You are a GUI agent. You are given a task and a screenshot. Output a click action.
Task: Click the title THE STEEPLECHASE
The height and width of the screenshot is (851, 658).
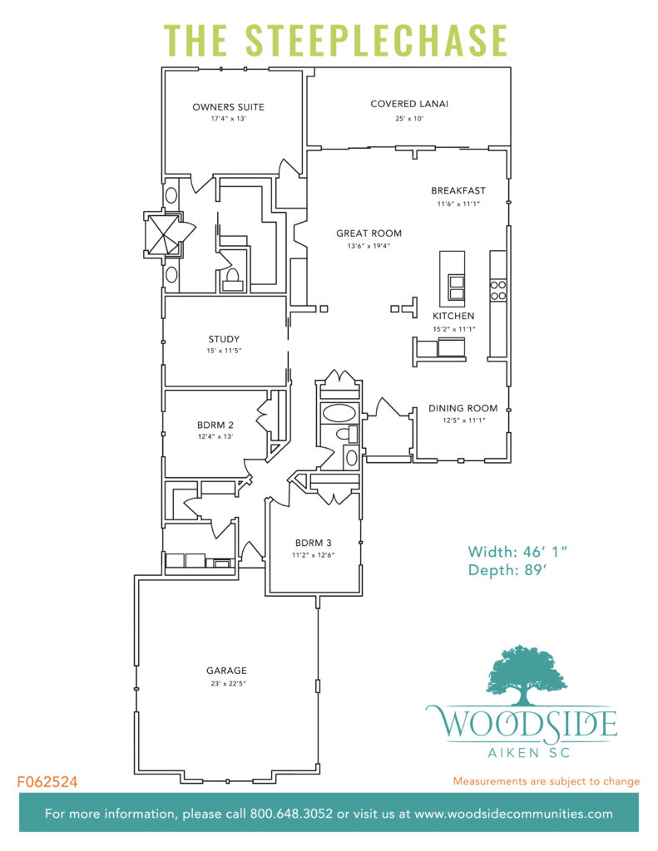coord(335,39)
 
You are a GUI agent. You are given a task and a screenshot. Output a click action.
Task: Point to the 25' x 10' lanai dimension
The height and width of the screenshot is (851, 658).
coord(409,119)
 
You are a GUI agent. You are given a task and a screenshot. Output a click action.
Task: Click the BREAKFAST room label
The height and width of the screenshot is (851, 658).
coord(458,190)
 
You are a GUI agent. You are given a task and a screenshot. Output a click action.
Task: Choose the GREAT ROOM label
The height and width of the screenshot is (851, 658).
coord(369,234)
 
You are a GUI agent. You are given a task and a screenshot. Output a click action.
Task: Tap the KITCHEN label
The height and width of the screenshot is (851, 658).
coord(453,316)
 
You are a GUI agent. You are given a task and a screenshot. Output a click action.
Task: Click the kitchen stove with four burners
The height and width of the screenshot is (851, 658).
coord(498,289)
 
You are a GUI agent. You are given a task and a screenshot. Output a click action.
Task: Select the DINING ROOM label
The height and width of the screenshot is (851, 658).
coord(463,408)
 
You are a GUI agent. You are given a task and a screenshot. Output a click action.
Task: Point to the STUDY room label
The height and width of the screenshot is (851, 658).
coord(224,339)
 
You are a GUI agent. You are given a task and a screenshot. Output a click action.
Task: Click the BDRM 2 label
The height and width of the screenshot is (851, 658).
coord(214,425)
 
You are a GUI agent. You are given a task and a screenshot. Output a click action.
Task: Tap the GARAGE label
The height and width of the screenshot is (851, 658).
coord(226,671)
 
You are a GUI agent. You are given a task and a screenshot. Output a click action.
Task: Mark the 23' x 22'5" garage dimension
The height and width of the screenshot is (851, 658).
coord(226,683)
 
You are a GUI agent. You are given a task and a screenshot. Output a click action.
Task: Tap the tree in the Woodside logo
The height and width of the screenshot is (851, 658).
coord(521,671)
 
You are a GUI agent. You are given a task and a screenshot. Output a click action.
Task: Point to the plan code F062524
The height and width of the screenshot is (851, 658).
coord(47,782)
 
